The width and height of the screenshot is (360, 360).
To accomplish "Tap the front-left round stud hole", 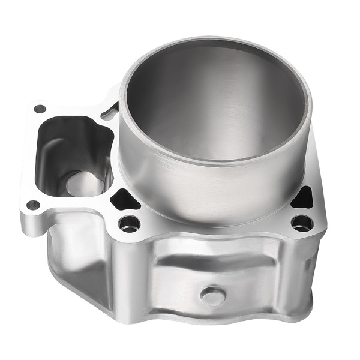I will coord(129,224).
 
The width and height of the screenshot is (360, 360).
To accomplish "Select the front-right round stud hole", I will coord(301,223).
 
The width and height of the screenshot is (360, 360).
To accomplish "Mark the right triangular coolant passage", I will coord(303,197).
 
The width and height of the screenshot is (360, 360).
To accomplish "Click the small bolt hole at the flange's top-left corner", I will coord(40,109).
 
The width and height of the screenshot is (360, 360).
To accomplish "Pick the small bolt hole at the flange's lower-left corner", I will coord(33,205).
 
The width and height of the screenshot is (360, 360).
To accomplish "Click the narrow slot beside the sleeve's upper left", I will coord(110,111).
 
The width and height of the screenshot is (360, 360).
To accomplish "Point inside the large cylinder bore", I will coord(216,108).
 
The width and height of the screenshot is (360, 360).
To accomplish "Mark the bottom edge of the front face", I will coord(216,318).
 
